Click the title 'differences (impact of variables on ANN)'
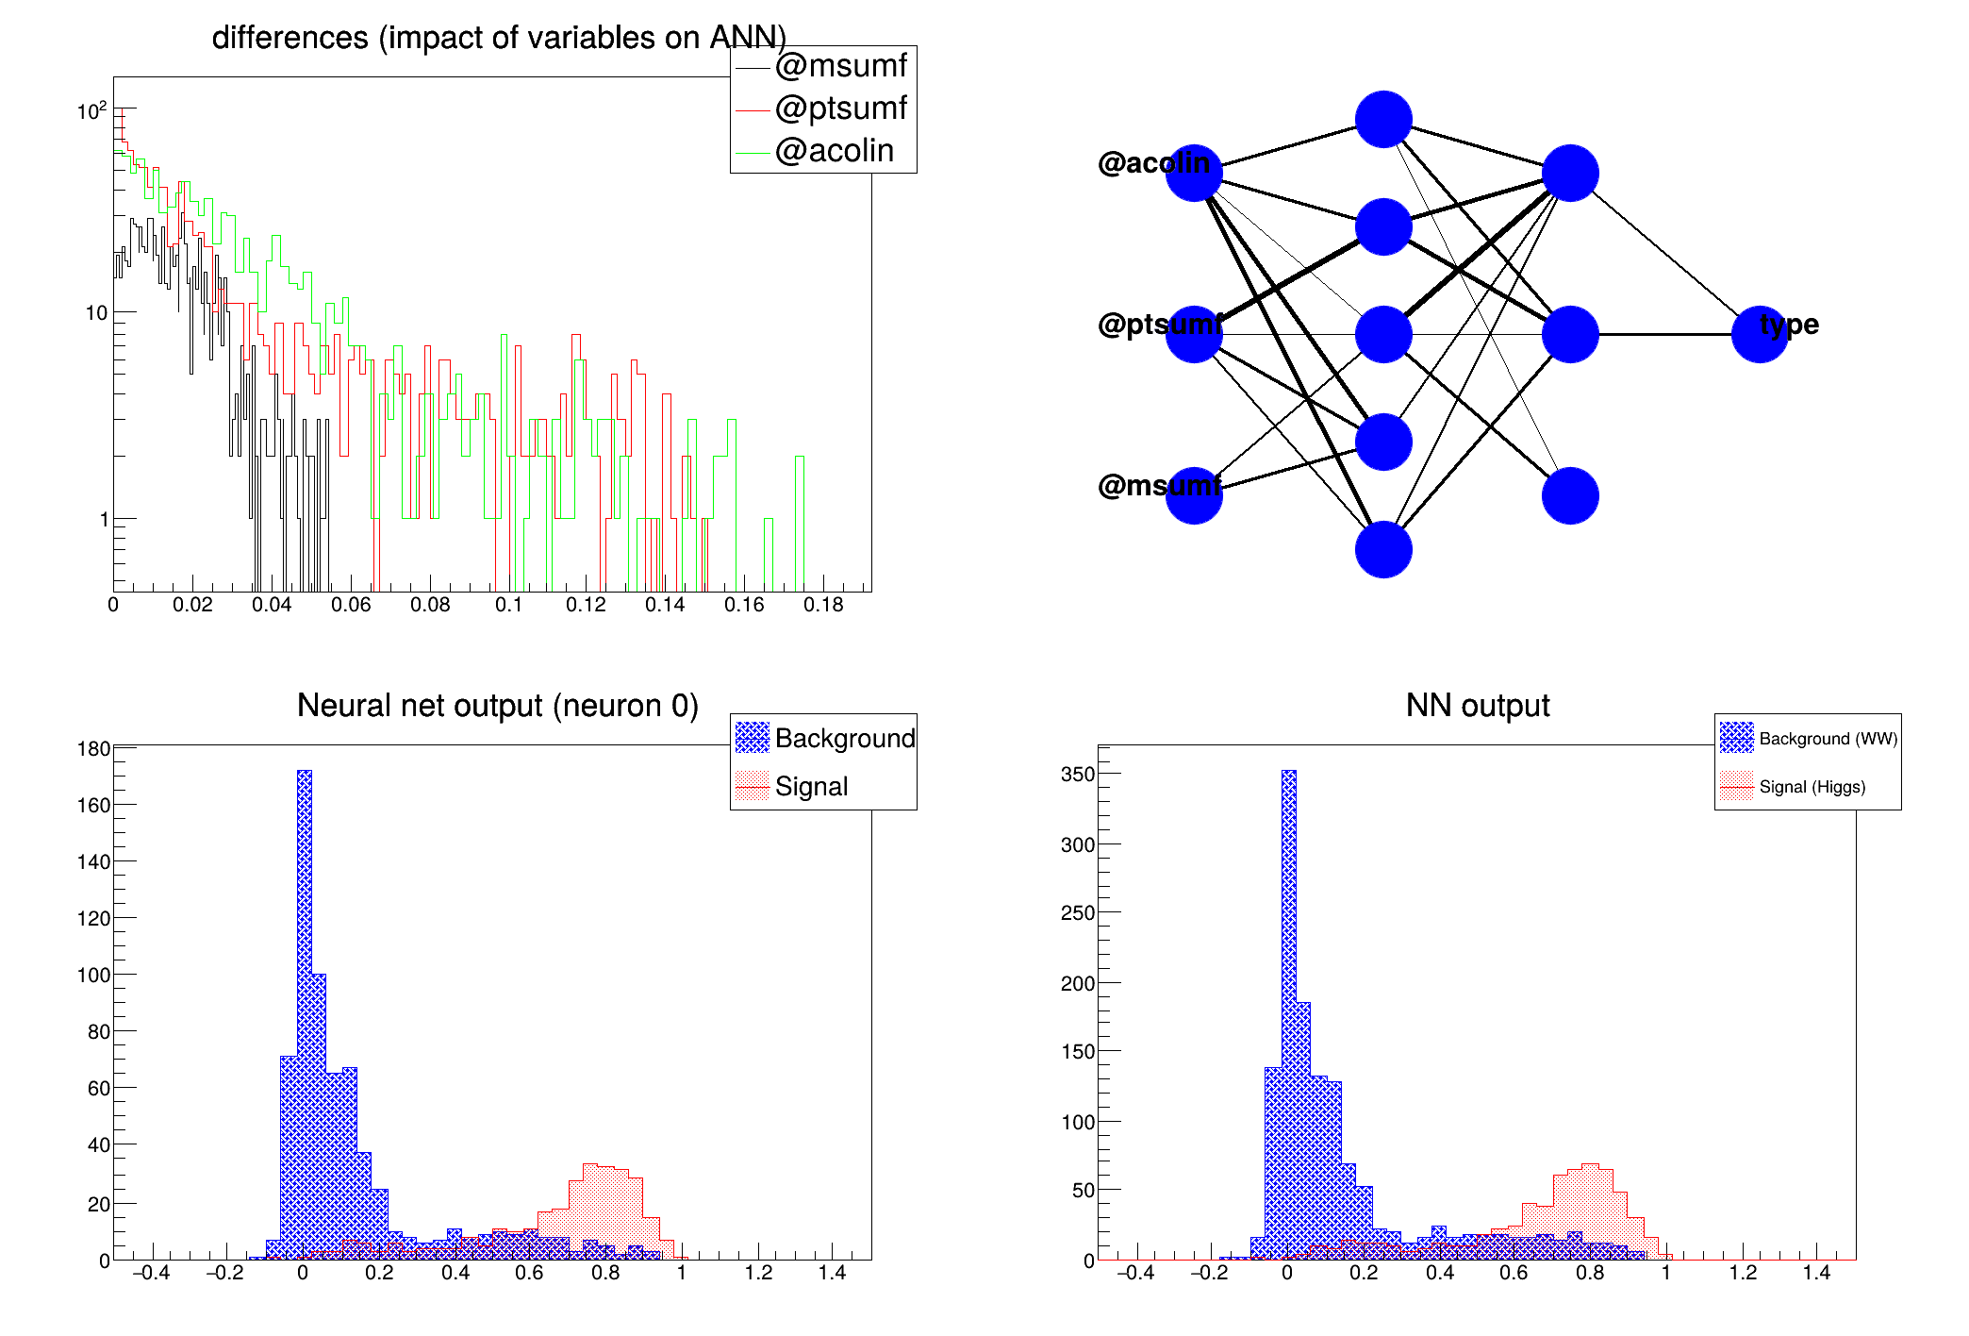point(499,38)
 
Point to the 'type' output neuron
point(1760,334)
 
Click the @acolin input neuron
point(1194,174)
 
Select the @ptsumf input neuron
point(1194,334)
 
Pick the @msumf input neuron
point(1194,495)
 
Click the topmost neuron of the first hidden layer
point(1383,120)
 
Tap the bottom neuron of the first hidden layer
point(1383,549)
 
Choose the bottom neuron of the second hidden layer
point(1570,495)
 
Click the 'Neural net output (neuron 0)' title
point(498,706)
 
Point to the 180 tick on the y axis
point(94,749)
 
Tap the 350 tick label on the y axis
point(1078,775)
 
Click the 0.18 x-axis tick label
point(823,605)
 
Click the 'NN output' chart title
point(1478,706)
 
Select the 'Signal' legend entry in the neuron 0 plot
point(811,787)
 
